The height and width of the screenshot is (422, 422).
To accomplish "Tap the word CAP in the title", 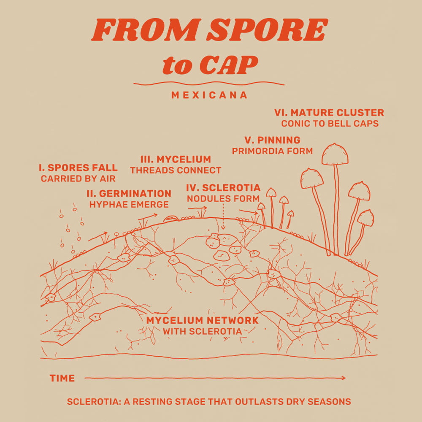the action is click(x=229, y=65).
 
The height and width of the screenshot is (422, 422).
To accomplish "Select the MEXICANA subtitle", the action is click(x=209, y=95).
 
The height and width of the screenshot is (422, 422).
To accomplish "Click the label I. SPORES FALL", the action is click(x=78, y=168).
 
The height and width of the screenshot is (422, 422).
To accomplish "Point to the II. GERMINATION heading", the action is click(x=129, y=194).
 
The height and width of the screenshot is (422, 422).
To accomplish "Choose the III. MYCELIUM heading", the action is click(x=176, y=160).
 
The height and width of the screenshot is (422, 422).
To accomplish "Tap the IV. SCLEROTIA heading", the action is click(x=223, y=188).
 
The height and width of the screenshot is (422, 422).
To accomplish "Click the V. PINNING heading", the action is click(x=272, y=140).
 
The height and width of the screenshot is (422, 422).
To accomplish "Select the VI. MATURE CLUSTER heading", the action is click(x=329, y=113).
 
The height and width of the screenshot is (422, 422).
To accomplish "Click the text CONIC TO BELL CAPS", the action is click(x=330, y=124).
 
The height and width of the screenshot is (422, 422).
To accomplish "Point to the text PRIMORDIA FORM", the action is click(x=272, y=151).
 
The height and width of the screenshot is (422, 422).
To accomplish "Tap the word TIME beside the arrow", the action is click(x=62, y=378).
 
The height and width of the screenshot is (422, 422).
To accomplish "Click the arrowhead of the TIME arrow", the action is click(x=344, y=378).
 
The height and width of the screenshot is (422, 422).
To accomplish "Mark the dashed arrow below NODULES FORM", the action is click(x=223, y=217).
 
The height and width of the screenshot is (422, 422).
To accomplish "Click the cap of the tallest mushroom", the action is click(x=335, y=154).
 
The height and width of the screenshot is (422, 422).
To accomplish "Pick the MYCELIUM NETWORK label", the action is click(x=203, y=321).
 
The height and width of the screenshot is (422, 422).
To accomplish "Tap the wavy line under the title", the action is click(x=209, y=84).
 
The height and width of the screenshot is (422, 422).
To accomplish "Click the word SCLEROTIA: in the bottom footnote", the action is click(x=92, y=402).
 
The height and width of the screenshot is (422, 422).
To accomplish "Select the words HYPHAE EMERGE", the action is click(x=129, y=205).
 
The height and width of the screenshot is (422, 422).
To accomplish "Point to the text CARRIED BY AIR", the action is click(x=78, y=179).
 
